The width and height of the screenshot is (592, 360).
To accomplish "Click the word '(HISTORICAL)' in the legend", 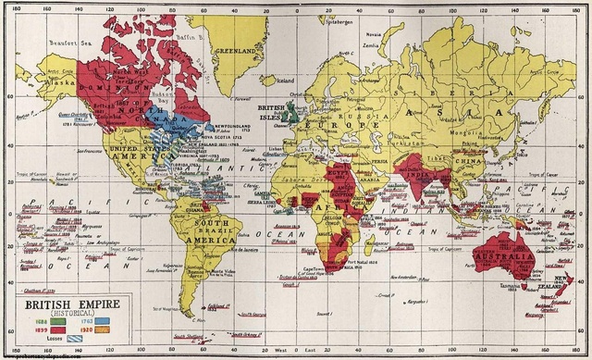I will coord(74,313).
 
